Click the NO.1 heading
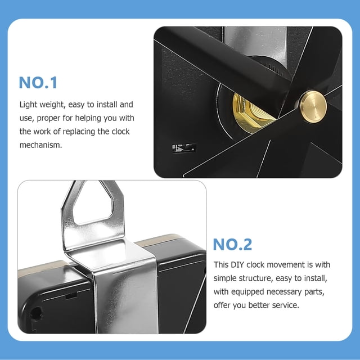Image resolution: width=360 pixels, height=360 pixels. click(38, 83)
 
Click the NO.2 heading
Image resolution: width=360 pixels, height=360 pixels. click(232, 244)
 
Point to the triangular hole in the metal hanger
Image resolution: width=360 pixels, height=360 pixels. click(93, 202)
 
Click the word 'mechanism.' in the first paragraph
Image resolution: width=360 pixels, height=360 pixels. click(40, 145)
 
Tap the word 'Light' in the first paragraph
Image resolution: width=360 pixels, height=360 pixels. click(28, 105)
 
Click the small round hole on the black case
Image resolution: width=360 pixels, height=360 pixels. click(36, 314)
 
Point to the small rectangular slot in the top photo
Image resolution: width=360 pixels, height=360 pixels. click(184, 148)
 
